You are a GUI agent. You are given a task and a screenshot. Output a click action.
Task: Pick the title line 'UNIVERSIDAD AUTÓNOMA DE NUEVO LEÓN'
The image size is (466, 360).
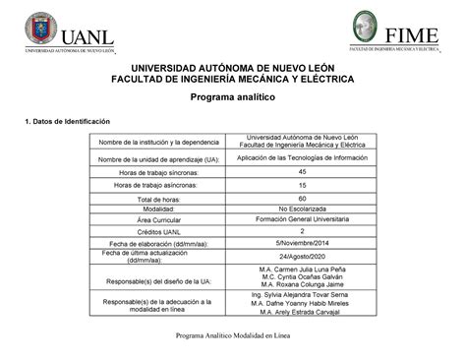pos(232,65)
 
